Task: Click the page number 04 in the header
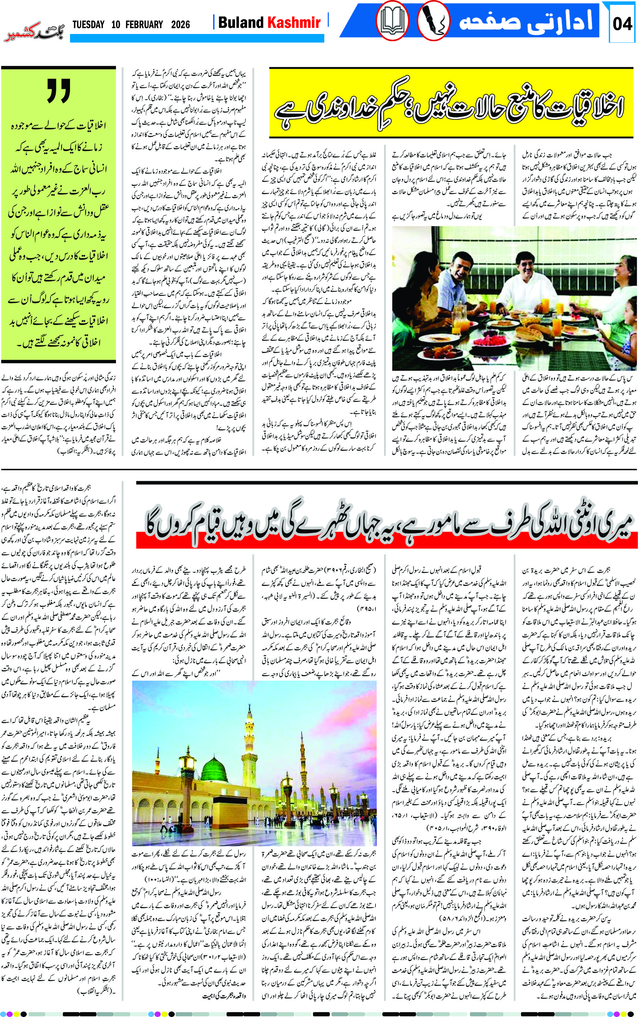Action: (622, 24)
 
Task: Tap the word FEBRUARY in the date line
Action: (143, 24)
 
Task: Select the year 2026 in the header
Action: (181, 24)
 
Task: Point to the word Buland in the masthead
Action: (241, 22)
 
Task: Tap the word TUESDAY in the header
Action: (88, 24)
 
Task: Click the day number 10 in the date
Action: (116, 24)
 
